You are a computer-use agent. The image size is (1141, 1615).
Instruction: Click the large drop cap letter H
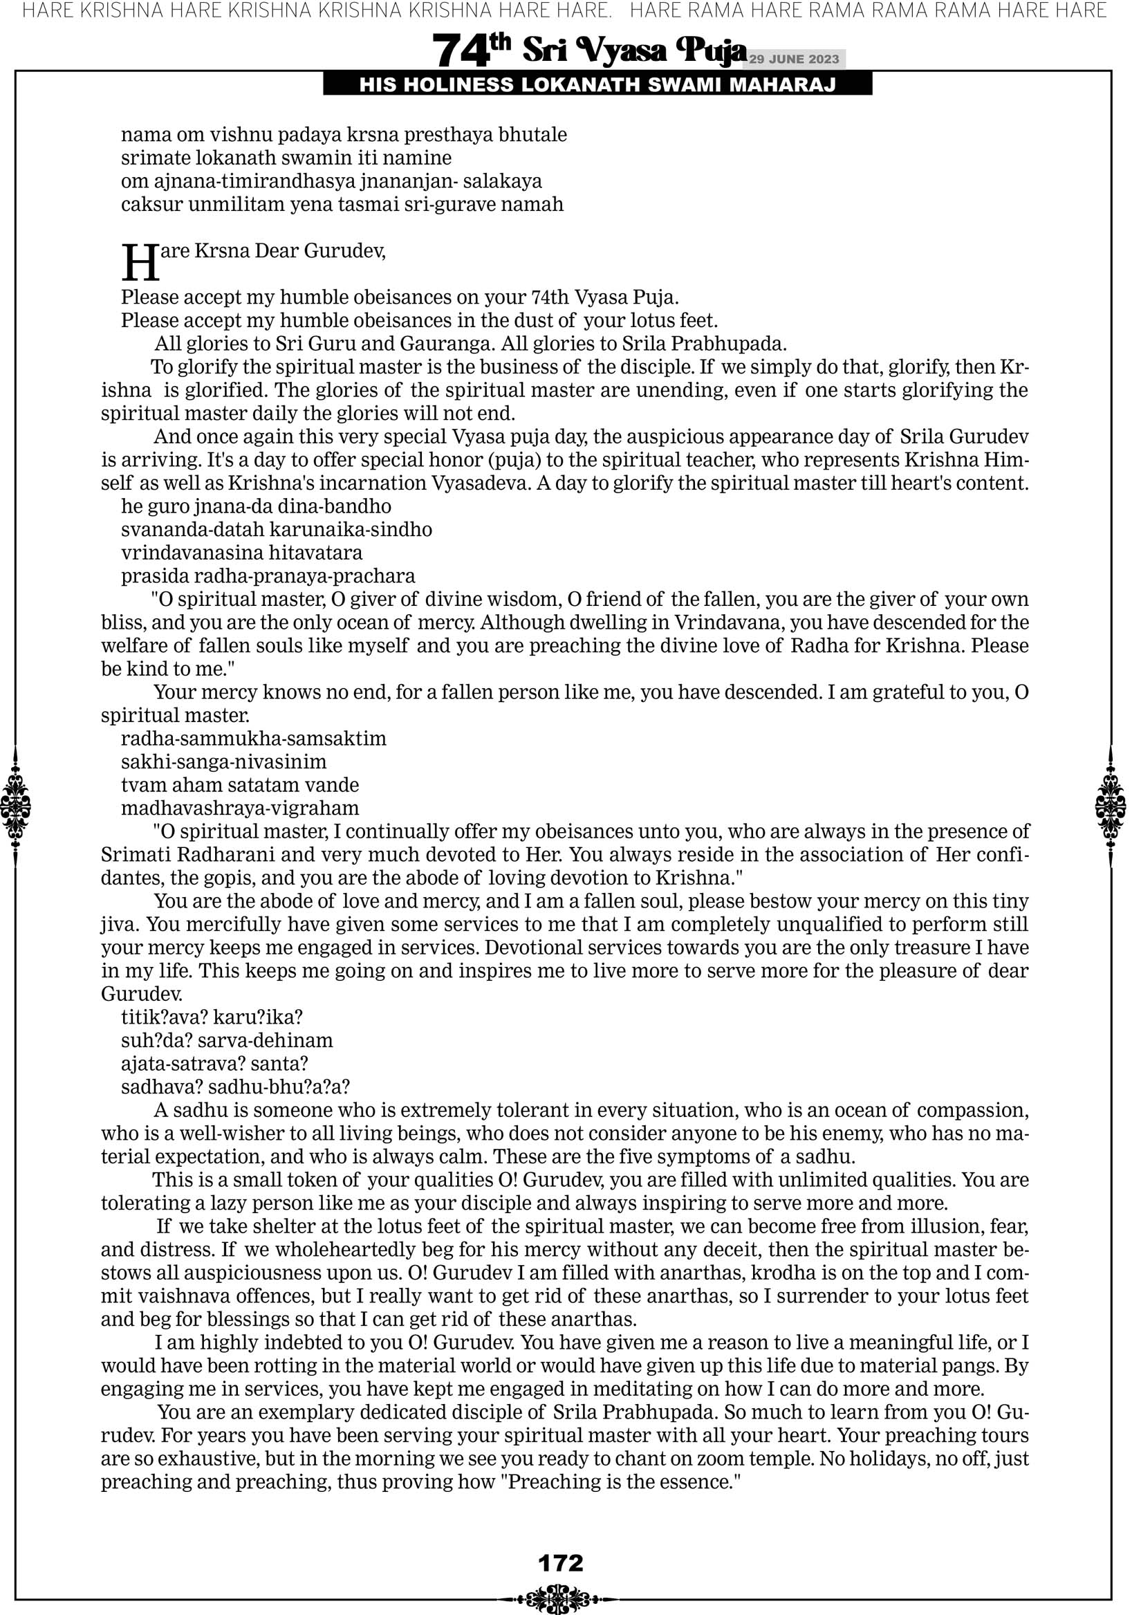tap(140, 262)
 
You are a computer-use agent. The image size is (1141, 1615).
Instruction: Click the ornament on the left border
tap(15, 806)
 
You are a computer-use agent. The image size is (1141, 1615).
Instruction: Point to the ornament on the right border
tap(1111, 806)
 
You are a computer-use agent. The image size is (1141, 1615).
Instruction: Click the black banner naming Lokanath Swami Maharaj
tap(597, 85)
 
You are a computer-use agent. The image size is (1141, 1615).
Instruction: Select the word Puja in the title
tap(709, 50)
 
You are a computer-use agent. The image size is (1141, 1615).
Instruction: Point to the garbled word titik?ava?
tap(163, 1017)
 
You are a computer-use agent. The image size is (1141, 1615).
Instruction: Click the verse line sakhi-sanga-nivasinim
tap(223, 762)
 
